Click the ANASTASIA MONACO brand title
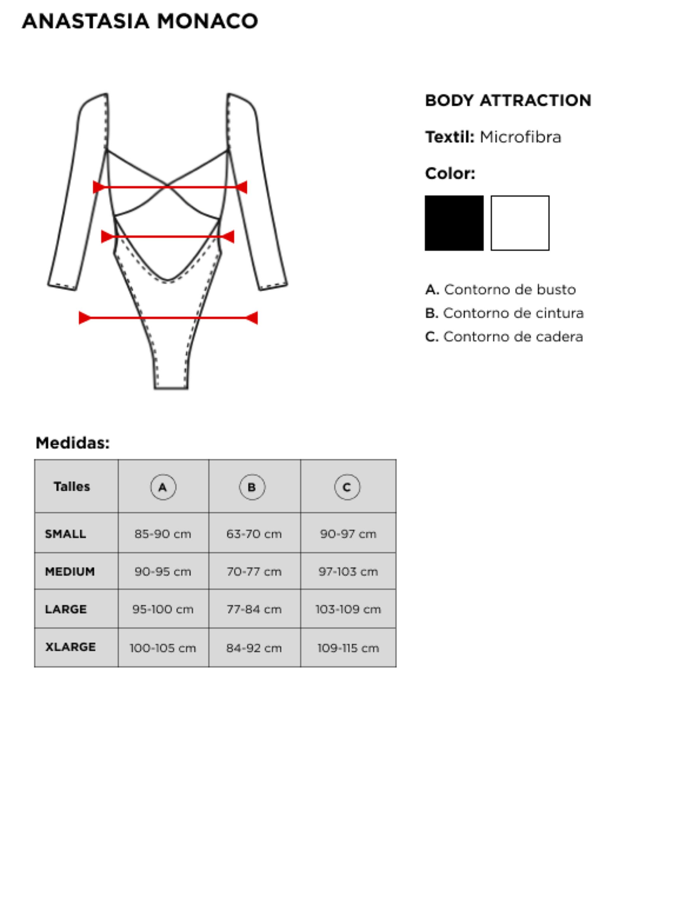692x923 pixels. [140, 21]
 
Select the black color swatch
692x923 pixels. [453, 223]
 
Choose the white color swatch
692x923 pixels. [520, 223]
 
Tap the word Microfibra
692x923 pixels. [520, 137]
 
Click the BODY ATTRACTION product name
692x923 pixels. [508, 101]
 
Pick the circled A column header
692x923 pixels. [163, 487]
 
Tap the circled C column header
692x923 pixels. [347, 487]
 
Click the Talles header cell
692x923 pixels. [72, 487]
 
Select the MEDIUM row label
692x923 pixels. [70, 572]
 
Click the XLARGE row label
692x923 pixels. [70, 647]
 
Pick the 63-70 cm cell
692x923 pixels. [254, 534]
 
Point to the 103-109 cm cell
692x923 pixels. [348, 610]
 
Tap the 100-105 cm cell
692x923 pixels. [163, 648]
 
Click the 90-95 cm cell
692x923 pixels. [163, 572]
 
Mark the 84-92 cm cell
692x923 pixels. [254, 648]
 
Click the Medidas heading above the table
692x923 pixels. [73, 443]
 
